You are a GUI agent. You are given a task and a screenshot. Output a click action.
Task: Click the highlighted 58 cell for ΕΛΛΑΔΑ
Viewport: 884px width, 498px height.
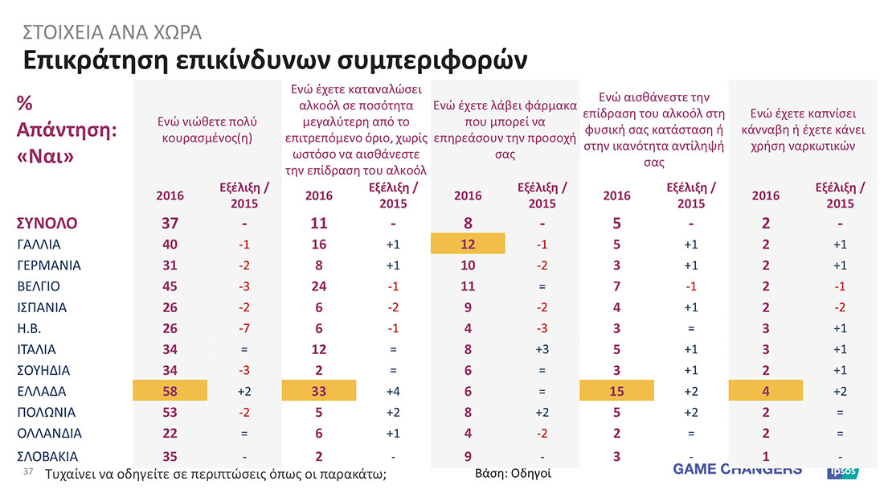click(x=170, y=392)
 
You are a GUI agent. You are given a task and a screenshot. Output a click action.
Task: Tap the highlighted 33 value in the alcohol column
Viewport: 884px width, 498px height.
click(x=319, y=392)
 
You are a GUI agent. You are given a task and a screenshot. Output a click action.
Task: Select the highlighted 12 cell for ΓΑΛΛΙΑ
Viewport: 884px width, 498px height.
click(x=468, y=244)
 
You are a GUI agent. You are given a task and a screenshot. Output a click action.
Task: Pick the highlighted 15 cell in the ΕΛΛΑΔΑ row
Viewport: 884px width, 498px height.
click(x=616, y=392)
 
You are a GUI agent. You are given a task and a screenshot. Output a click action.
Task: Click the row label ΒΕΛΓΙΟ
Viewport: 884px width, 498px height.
click(x=38, y=286)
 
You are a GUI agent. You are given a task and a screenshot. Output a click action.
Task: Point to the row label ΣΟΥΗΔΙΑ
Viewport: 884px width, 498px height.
click(x=43, y=371)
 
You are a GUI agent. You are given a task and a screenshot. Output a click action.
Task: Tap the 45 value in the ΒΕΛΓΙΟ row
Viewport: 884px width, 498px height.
click(x=170, y=286)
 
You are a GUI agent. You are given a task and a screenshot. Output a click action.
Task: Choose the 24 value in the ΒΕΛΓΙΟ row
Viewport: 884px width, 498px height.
click(x=319, y=286)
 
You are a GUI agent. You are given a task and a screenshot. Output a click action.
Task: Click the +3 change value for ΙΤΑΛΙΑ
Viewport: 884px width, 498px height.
click(x=542, y=350)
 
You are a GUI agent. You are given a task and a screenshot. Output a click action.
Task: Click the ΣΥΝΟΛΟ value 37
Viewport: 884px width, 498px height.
click(x=170, y=223)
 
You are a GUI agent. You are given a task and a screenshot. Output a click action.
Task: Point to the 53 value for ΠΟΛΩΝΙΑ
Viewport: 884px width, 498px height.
click(x=170, y=413)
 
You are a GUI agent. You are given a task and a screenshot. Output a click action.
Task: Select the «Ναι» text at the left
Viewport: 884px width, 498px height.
click(x=45, y=155)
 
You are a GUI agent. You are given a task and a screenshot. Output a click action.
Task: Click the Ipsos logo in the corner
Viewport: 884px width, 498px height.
click(x=843, y=471)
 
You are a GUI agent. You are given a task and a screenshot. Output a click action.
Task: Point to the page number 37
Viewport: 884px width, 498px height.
click(x=30, y=471)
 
